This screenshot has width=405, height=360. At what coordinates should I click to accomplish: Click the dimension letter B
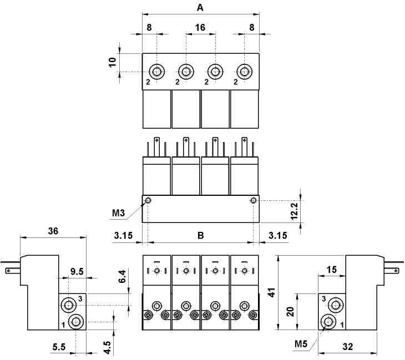point(201,235)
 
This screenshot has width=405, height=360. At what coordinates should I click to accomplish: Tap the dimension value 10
point(113,62)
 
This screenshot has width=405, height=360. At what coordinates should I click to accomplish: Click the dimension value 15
point(331,269)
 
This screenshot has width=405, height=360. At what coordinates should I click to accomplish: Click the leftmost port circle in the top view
point(157,72)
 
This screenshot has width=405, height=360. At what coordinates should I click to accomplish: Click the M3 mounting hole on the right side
point(254,200)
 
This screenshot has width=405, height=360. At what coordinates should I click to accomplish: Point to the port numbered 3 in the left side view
point(69,304)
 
